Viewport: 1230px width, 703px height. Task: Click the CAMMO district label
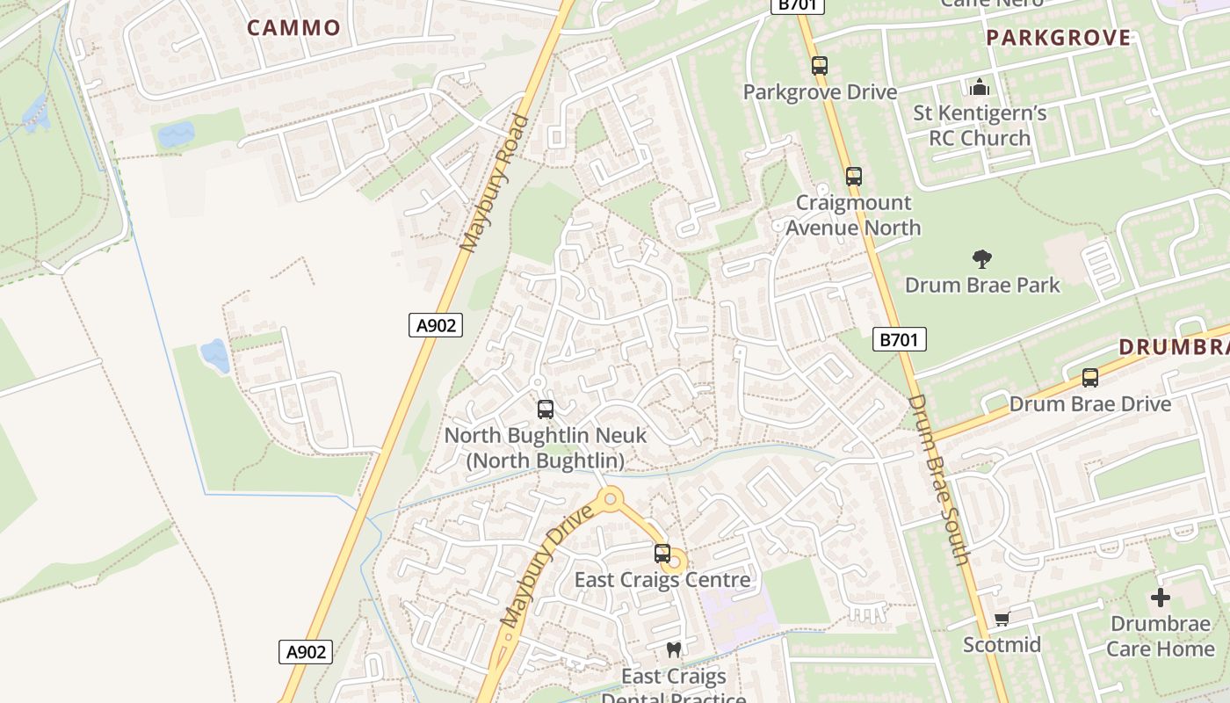click(x=293, y=27)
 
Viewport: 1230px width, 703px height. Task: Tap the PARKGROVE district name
click(x=1058, y=37)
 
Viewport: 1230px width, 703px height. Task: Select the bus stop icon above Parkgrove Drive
click(x=820, y=66)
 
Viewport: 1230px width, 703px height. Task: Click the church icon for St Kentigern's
click(x=979, y=87)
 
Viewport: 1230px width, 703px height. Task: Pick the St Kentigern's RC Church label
click(x=980, y=126)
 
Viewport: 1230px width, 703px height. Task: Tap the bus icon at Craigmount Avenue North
click(x=853, y=177)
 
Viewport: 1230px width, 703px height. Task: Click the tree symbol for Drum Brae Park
click(x=982, y=259)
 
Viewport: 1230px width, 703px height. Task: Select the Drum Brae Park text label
click(x=982, y=285)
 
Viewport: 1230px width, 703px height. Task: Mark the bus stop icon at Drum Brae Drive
click(x=1090, y=378)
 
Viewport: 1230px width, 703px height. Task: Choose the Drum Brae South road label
click(x=938, y=480)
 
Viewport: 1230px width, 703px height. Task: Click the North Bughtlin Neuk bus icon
click(x=546, y=409)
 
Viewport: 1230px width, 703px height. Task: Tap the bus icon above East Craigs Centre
click(x=662, y=554)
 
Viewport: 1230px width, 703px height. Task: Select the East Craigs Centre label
click(x=662, y=580)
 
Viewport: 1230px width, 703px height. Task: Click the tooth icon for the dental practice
click(x=674, y=650)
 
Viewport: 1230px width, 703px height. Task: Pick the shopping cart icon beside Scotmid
click(x=1002, y=619)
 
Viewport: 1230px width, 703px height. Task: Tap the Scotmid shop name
click(x=1002, y=645)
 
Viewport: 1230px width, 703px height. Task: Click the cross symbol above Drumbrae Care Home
click(x=1161, y=598)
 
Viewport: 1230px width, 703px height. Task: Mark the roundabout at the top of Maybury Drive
click(x=609, y=500)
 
